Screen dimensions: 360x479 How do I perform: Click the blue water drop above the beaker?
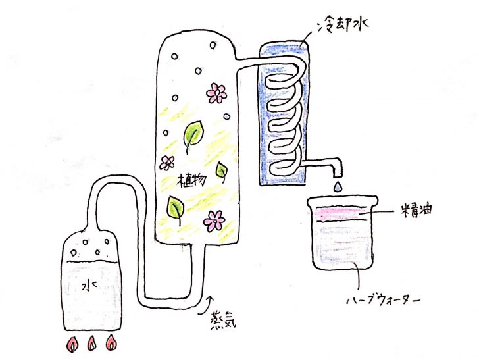[338, 188]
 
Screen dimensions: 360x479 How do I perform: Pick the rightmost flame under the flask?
[112, 343]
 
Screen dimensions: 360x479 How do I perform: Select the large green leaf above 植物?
[192, 135]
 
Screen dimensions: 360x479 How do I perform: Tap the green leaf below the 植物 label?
[175, 209]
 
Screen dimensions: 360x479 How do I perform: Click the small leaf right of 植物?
[222, 172]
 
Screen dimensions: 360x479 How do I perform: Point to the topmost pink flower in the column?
[216, 93]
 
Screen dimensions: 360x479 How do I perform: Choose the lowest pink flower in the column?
[214, 220]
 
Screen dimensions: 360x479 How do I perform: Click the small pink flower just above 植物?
[168, 163]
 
